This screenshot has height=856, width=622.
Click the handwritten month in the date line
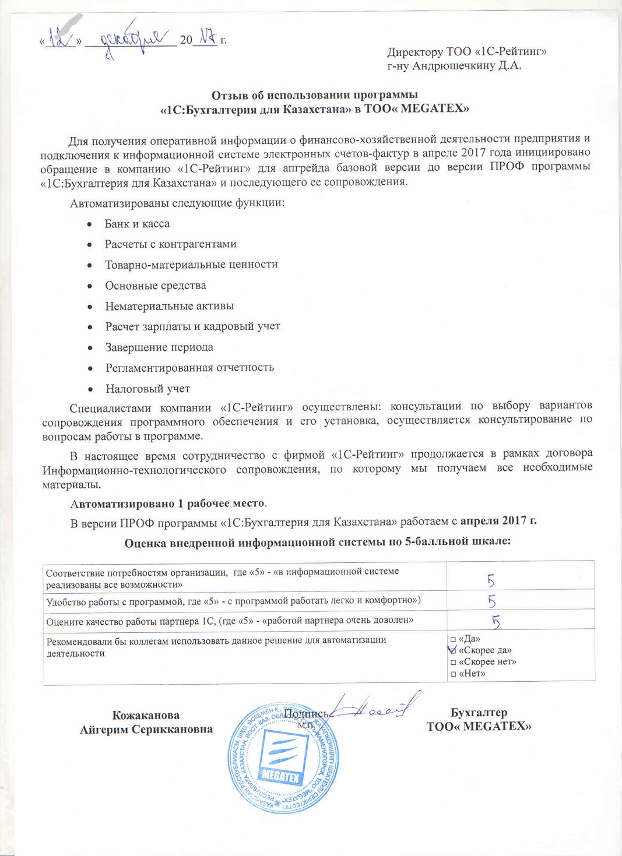[131, 39]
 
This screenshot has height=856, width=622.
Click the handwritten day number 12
[61, 38]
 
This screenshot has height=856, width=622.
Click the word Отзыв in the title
[229, 94]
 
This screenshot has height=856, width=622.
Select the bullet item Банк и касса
[137, 224]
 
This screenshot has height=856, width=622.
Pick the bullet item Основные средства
[155, 286]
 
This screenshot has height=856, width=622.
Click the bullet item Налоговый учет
[147, 389]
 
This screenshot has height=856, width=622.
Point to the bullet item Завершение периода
[159, 347]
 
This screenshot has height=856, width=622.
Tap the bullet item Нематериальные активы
[169, 306]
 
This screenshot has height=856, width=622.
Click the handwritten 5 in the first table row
[491, 580]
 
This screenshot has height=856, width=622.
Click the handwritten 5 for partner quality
[496, 622]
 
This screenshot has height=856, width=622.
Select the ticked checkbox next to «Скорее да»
[453, 650]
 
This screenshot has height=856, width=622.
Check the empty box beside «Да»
[453, 640]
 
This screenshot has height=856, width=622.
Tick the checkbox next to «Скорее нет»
[453, 663]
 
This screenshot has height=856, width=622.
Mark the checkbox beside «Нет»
[453, 674]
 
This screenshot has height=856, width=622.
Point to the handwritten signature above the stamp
[376, 707]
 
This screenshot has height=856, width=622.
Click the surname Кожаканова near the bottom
[146, 715]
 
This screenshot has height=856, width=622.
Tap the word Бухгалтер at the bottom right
[479, 712]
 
